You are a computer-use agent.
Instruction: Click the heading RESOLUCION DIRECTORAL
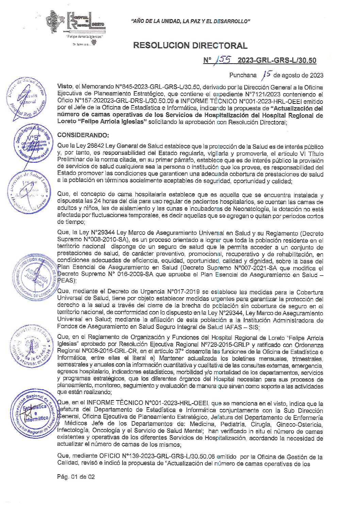pos(190,46)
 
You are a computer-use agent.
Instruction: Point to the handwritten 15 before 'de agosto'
pos(267,74)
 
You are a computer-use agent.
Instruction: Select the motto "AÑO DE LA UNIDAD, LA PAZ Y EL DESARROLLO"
pos(191,21)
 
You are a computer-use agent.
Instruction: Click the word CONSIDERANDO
pos(83,135)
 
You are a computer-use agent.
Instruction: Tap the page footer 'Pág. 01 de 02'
pos(76,477)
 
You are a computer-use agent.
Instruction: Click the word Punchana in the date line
pos(243,75)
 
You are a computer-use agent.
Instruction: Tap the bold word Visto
pos(65,87)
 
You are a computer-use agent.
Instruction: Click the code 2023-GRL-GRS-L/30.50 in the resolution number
pos(277,61)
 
